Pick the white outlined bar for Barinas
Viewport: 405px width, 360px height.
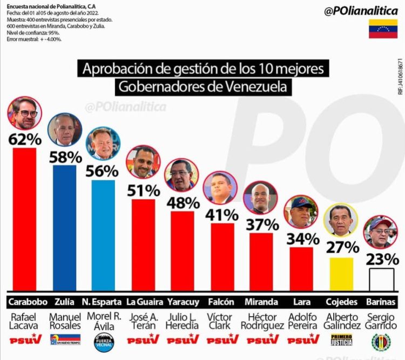(x=381, y=280)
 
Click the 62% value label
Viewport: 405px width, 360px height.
(x=25, y=139)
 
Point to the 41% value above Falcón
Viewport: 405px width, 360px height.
(x=222, y=214)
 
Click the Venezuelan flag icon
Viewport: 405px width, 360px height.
(x=383, y=29)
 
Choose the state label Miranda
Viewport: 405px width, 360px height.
(x=262, y=301)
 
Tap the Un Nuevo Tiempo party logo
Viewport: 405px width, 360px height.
(x=65, y=340)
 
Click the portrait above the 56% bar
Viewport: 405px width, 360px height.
(x=103, y=144)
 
